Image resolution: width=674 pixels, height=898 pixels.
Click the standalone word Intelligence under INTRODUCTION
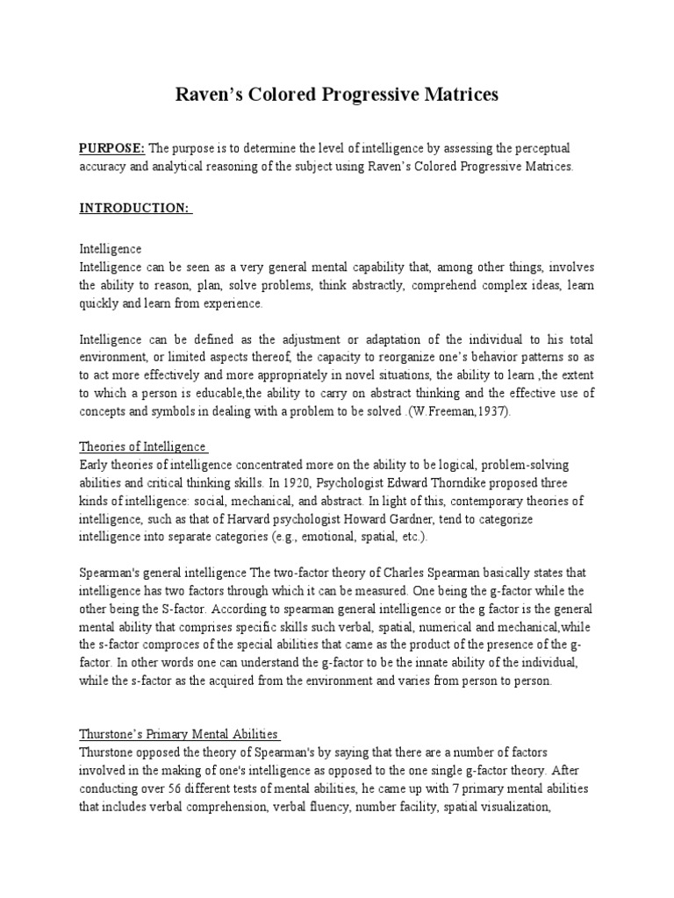click(111, 249)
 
